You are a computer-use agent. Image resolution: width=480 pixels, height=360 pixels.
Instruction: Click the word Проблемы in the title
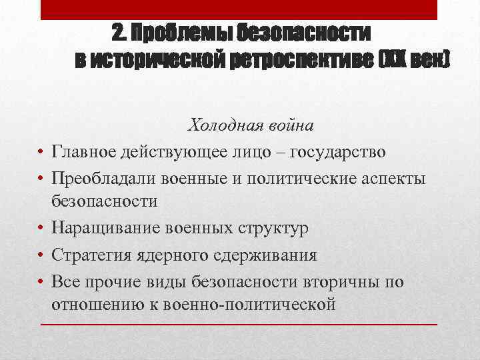tap(175, 33)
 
